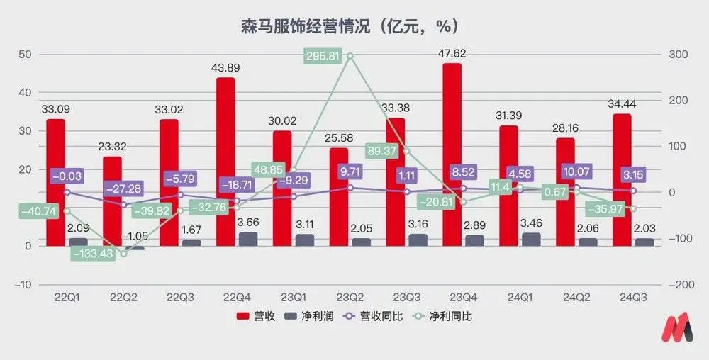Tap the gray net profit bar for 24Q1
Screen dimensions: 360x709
click(x=531, y=240)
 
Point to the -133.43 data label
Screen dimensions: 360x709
click(x=93, y=254)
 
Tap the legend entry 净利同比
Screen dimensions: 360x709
click(x=442, y=316)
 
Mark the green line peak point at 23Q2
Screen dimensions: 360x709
click(x=350, y=55)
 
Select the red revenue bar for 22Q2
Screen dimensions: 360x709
click(x=112, y=201)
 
